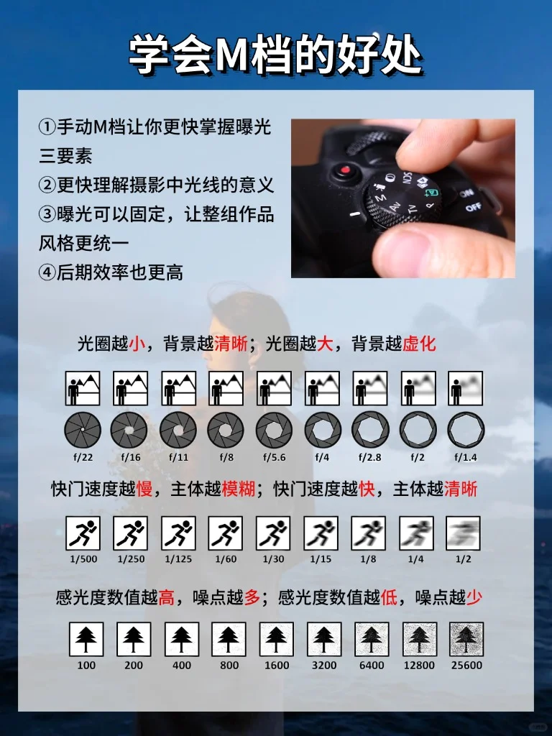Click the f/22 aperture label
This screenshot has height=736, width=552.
click(83, 457)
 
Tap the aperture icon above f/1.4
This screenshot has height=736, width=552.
click(466, 430)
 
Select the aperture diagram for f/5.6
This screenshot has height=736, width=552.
click(274, 430)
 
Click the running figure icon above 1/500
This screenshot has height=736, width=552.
click(83, 533)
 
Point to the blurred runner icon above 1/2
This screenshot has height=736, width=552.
click(464, 533)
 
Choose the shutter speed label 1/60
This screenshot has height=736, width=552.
click(226, 559)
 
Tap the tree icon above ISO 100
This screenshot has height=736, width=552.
click(86, 639)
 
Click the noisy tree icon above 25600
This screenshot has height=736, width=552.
click(466, 639)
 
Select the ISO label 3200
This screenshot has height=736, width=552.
click(324, 665)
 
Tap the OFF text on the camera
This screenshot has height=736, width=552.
click(473, 206)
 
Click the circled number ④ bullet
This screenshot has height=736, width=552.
click(47, 272)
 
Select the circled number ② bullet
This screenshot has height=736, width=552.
click(47, 185)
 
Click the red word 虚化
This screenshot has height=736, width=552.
click(419, 344)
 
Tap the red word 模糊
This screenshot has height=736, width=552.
click(239, 489)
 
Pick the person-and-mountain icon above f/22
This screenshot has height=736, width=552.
click(83, 388)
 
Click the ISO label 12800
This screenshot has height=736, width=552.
click(419, 665)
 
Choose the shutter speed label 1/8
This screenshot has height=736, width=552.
click(368, 559)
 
